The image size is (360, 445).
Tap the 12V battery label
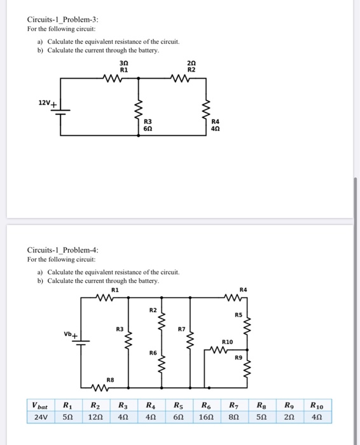pyautogui.click(x=45, y=102)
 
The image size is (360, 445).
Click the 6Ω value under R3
pyautogui.click(x=148, y=128)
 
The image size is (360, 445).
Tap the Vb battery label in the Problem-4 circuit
pyautogui.click(x=68, y=334)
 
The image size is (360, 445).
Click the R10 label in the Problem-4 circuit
pyautogui.click(x=227, y=342)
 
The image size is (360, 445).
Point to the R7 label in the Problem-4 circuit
pyautogui.click(x=181, y=329)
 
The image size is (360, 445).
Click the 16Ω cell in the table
pyautogui.click(x=207, y=418)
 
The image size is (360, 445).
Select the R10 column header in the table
pyautogui.click(x=317, y=405)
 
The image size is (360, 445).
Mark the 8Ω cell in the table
pyautogui.click(x=234, y=418)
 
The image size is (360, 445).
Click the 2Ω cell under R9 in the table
pyautogui.click(x=289, y=418)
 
